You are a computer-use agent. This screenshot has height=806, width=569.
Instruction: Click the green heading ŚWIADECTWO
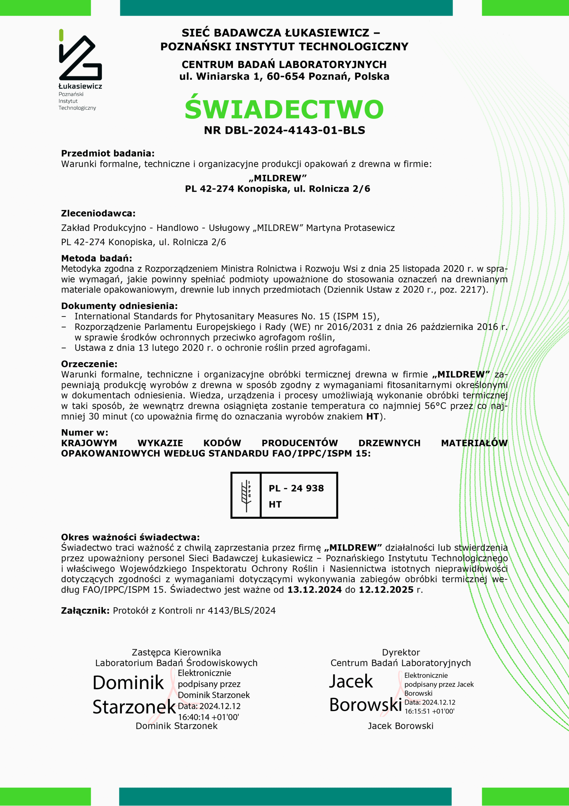(x=284, y=109)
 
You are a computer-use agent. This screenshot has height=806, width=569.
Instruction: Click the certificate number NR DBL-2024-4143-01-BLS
(x=284, y=130)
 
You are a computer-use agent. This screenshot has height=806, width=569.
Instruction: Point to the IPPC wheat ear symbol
(x=246, y=495)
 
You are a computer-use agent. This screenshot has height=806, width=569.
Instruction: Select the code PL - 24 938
(x=296, y=488)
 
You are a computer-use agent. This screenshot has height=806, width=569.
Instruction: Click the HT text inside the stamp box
(x=275, y=504)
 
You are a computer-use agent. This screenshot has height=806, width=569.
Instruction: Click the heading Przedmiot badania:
(x=108, y=153)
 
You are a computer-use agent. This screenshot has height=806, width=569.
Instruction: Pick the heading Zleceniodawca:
(x=98, y=213)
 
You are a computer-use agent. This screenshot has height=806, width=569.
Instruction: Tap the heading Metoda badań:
(x=97, y=258)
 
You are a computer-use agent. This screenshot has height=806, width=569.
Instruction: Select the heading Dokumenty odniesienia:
(x=119, y=306)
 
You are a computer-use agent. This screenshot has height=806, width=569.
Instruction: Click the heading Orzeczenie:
(x=89, y=364)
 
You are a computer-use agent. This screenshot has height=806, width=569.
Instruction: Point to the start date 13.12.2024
(x=314, y=589)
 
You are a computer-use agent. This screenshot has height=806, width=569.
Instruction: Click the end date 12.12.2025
(x=386, y=589)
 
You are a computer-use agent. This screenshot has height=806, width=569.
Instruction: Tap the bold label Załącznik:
(x=85, y=610)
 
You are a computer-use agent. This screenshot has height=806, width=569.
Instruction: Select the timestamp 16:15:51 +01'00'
(x=429, y=711)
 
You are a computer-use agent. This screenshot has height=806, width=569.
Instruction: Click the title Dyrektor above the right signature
(x=401, y=652)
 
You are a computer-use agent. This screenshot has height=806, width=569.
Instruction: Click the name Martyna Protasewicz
(x=350, y=228)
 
